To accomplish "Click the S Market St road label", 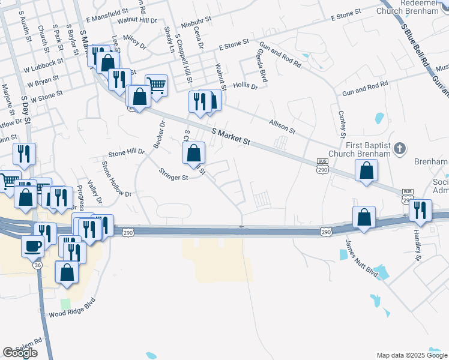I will pos(231,136).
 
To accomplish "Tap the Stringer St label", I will pos(173,177).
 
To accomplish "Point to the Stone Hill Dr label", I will pos(126,152).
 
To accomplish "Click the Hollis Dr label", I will pos(245,86).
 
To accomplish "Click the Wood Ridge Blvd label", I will pos(72,314).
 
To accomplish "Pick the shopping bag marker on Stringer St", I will pos(193,154).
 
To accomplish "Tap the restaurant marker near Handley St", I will pos(420,211).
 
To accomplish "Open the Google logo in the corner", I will pos(20,353).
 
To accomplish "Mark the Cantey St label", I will pos(342,123).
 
